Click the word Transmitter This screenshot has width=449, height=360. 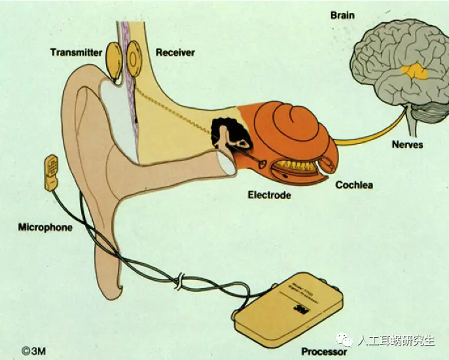[x=76, y=52]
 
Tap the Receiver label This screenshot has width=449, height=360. [x=175, y=52]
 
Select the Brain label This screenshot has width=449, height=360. [x=342, y=15]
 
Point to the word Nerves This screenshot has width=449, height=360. [x=408, y=145]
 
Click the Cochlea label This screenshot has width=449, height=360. [x=354, y=185]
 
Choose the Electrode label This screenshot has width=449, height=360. [x=269, y=194]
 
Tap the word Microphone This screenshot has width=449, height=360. [x=45, y=228]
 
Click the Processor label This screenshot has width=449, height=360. [x=325, y=351]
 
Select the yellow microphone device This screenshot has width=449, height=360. [x=51, y=173]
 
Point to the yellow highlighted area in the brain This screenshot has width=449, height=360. [x=414, y=71]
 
